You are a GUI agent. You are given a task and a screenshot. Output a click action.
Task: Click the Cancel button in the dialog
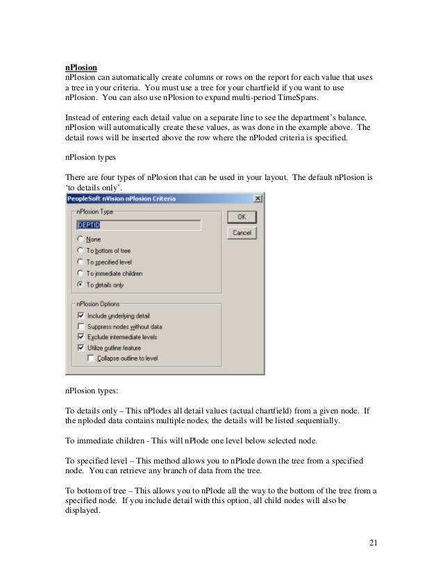[242, 233]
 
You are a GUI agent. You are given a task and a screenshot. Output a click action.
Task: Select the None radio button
[81, 239]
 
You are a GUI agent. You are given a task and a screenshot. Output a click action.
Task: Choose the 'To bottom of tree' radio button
[81, 250]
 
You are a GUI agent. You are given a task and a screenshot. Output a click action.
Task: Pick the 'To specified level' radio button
[81, 262]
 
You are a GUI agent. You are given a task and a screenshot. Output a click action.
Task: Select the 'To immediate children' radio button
[81, 273]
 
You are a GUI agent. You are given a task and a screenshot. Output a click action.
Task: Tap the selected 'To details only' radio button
[81, 284]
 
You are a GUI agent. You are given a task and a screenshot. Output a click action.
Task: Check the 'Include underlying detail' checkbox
[81, 315]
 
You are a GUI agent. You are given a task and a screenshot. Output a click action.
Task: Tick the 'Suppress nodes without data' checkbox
[81, 326]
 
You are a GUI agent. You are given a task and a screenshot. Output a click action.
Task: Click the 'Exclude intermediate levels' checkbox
[81, 336]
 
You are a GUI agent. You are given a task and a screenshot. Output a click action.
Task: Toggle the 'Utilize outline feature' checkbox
[81, 347]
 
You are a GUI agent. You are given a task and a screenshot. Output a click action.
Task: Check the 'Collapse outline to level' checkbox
[91, 358]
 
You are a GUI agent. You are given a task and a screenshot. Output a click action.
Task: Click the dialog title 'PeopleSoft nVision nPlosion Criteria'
[122, 199]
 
